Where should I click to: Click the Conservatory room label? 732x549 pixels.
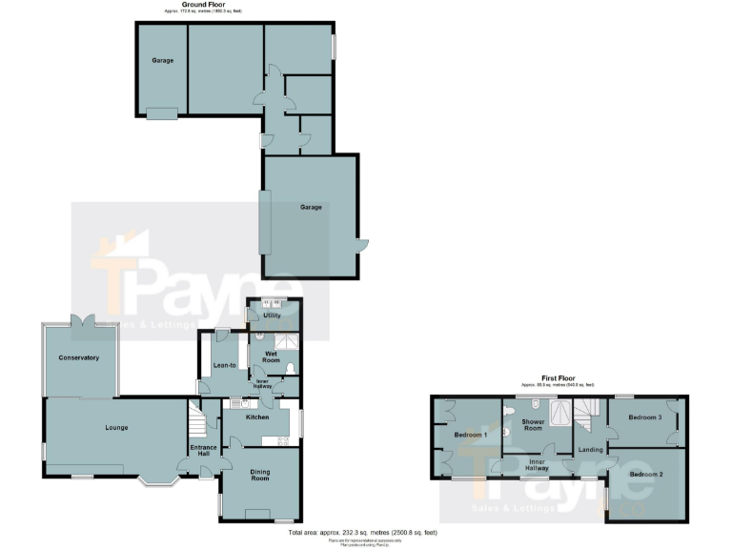(78, 357)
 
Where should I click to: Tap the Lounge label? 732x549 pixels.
(116, 427)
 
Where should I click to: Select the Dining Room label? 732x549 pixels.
(260, 476)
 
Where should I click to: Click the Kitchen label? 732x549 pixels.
(257, 417)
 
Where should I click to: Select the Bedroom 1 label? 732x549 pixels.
(471, 435)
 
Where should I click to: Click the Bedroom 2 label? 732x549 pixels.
(645, 474)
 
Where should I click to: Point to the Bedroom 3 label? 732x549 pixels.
(646, 417)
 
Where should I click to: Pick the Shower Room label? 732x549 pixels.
(532, 424)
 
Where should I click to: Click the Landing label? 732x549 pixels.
(590, 449)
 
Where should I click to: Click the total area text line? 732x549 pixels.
(365, 532)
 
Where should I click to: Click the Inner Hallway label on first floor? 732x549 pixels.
(536, 464)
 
